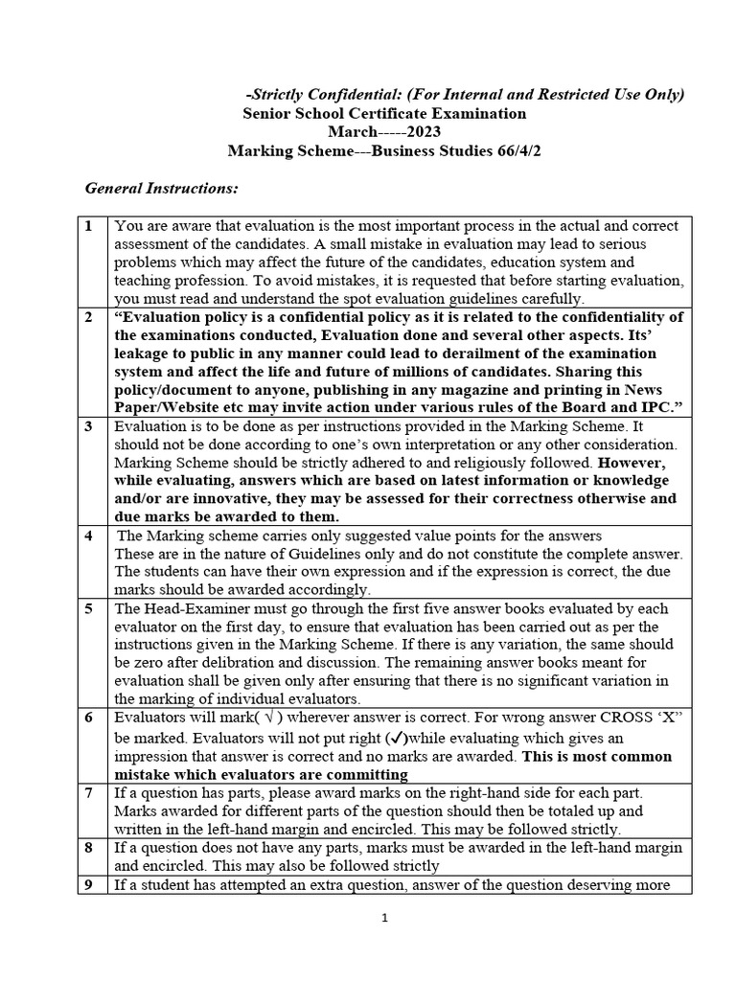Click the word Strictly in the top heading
pyautogui.click(x=281, y=93)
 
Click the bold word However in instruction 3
pyautogui.click(x=644, y=463)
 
